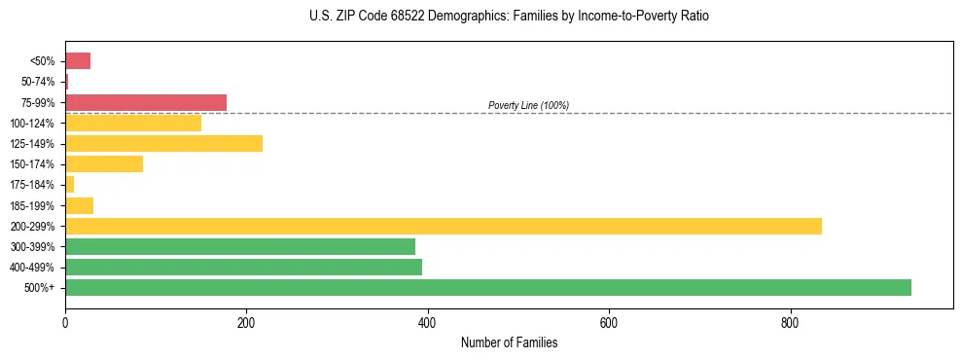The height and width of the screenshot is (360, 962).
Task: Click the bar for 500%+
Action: coord(487,287)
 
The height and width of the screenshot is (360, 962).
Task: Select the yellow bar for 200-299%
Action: coord(443,226)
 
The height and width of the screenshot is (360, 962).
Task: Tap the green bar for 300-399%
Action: coord(239,246)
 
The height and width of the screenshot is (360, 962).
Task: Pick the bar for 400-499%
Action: coord(243,267)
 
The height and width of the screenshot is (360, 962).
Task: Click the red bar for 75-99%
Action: coord(145,102)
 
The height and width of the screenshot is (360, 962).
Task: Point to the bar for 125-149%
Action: coord(163,144)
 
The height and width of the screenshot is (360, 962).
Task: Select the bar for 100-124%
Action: coord(133,123)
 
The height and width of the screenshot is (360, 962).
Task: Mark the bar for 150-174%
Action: coord(104,164)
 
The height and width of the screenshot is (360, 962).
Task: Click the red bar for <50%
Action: coord(78,61)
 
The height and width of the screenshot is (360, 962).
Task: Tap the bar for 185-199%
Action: coord(79,205)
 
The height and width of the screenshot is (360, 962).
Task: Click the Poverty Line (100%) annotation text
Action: coord(528,105)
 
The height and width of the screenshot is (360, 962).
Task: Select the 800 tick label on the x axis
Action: coord(790,322)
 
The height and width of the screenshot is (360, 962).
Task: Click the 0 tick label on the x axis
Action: coord(65,322)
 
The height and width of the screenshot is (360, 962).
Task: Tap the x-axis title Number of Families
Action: coord(509,342)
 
